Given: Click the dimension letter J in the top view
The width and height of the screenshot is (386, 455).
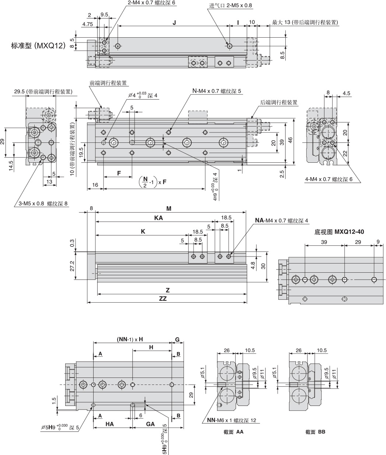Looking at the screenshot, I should (x=174, y=23).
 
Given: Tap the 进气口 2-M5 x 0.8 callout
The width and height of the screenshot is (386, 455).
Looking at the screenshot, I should (x=231, y=6).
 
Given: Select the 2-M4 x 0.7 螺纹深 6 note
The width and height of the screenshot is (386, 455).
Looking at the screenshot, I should (x=152, y=3).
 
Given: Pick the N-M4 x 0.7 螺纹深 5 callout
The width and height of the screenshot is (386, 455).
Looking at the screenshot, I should (x=217, y=91).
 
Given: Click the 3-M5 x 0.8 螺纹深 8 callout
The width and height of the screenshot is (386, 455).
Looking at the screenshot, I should (x=43, y=203).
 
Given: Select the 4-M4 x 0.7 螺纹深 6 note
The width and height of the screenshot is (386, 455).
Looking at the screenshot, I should (x=329, y=179).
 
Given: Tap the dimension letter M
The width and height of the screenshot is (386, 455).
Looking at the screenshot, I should (x=169, y=208).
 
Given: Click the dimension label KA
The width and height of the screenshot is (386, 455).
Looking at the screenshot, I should (x=159, y=218).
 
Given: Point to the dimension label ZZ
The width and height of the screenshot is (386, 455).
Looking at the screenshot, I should (x=163, y=299).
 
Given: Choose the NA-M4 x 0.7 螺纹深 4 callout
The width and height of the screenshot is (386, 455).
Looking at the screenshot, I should (x=281, y=221).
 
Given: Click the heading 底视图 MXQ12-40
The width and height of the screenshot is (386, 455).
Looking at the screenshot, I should (x=340, y=232).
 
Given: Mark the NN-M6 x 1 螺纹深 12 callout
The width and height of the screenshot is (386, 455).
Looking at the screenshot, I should (x=231, y=420).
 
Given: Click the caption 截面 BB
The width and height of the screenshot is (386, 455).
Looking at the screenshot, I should (x=315, y=432).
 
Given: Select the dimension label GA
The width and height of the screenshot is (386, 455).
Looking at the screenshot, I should (x=150, y=424).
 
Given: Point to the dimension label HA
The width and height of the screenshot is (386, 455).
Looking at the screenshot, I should (x=109, y=424).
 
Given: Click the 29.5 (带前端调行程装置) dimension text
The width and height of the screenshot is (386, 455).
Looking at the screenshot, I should (x=43, y=92).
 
